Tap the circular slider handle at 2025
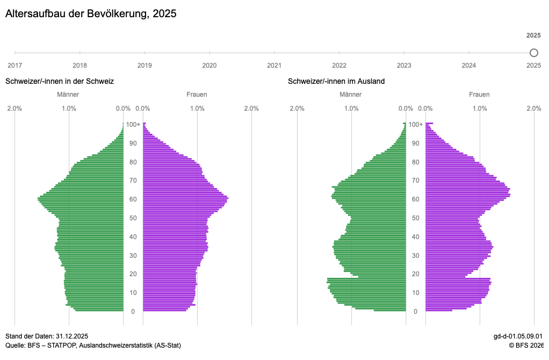pos(533,53)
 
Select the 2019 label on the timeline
pos(145,66)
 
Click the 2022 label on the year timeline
pos(339,66)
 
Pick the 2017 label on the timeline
pos(15,66)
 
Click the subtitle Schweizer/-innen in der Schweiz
pos(60,81)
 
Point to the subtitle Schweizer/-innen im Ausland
pos(336,81)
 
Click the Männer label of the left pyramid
pos(68,95)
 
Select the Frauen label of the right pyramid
pos(479,95)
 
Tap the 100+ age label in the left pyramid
pos(133,125)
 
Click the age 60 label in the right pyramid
pos(416,199)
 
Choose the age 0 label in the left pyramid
pos(133,312)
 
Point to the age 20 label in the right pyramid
pos(416,274)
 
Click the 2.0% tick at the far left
pos(15,109)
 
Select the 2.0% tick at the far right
pos(533,109)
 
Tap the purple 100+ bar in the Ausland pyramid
pos(429,124)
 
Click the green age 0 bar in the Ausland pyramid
pos(389,310)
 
